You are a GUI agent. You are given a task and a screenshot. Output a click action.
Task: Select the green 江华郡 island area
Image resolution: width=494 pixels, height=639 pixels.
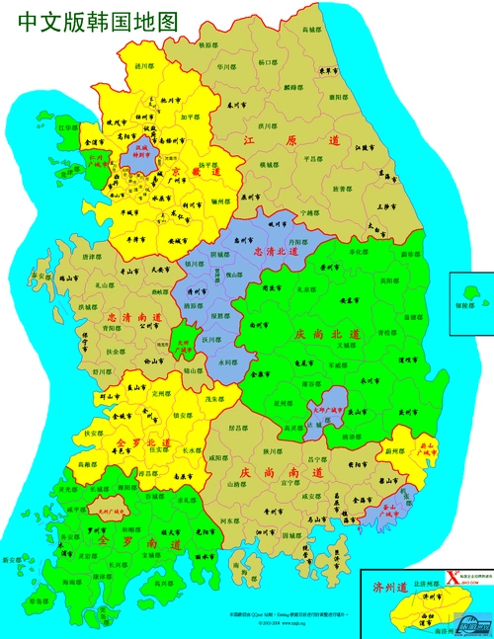click(x=68, y=128)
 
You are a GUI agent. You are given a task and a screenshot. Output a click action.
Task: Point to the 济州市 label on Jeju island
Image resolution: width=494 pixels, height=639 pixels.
click(x=432, y=597)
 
